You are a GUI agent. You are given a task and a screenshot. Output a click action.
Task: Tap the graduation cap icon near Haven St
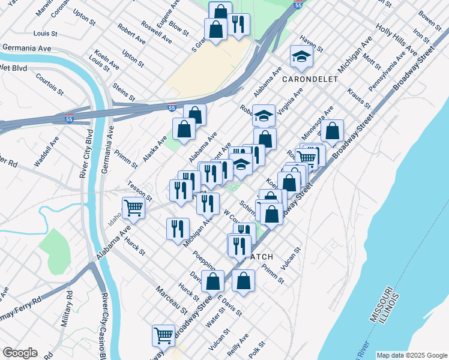click(302, 56)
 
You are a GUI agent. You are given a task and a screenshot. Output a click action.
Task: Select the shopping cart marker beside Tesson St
click(134, 208)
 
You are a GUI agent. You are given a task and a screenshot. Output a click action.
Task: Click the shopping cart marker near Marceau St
click(163, 335)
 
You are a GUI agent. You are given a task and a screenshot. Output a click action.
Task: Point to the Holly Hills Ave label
click(396, 37)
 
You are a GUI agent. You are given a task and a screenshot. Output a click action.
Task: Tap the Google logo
click(20, 353)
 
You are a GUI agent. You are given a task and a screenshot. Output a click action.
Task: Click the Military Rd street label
click(67, 310)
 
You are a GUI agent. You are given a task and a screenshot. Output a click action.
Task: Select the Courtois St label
click(49, 85)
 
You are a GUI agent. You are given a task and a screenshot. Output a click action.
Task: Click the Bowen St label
click(430, 19)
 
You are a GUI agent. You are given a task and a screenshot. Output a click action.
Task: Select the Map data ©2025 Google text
click(412, 355)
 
